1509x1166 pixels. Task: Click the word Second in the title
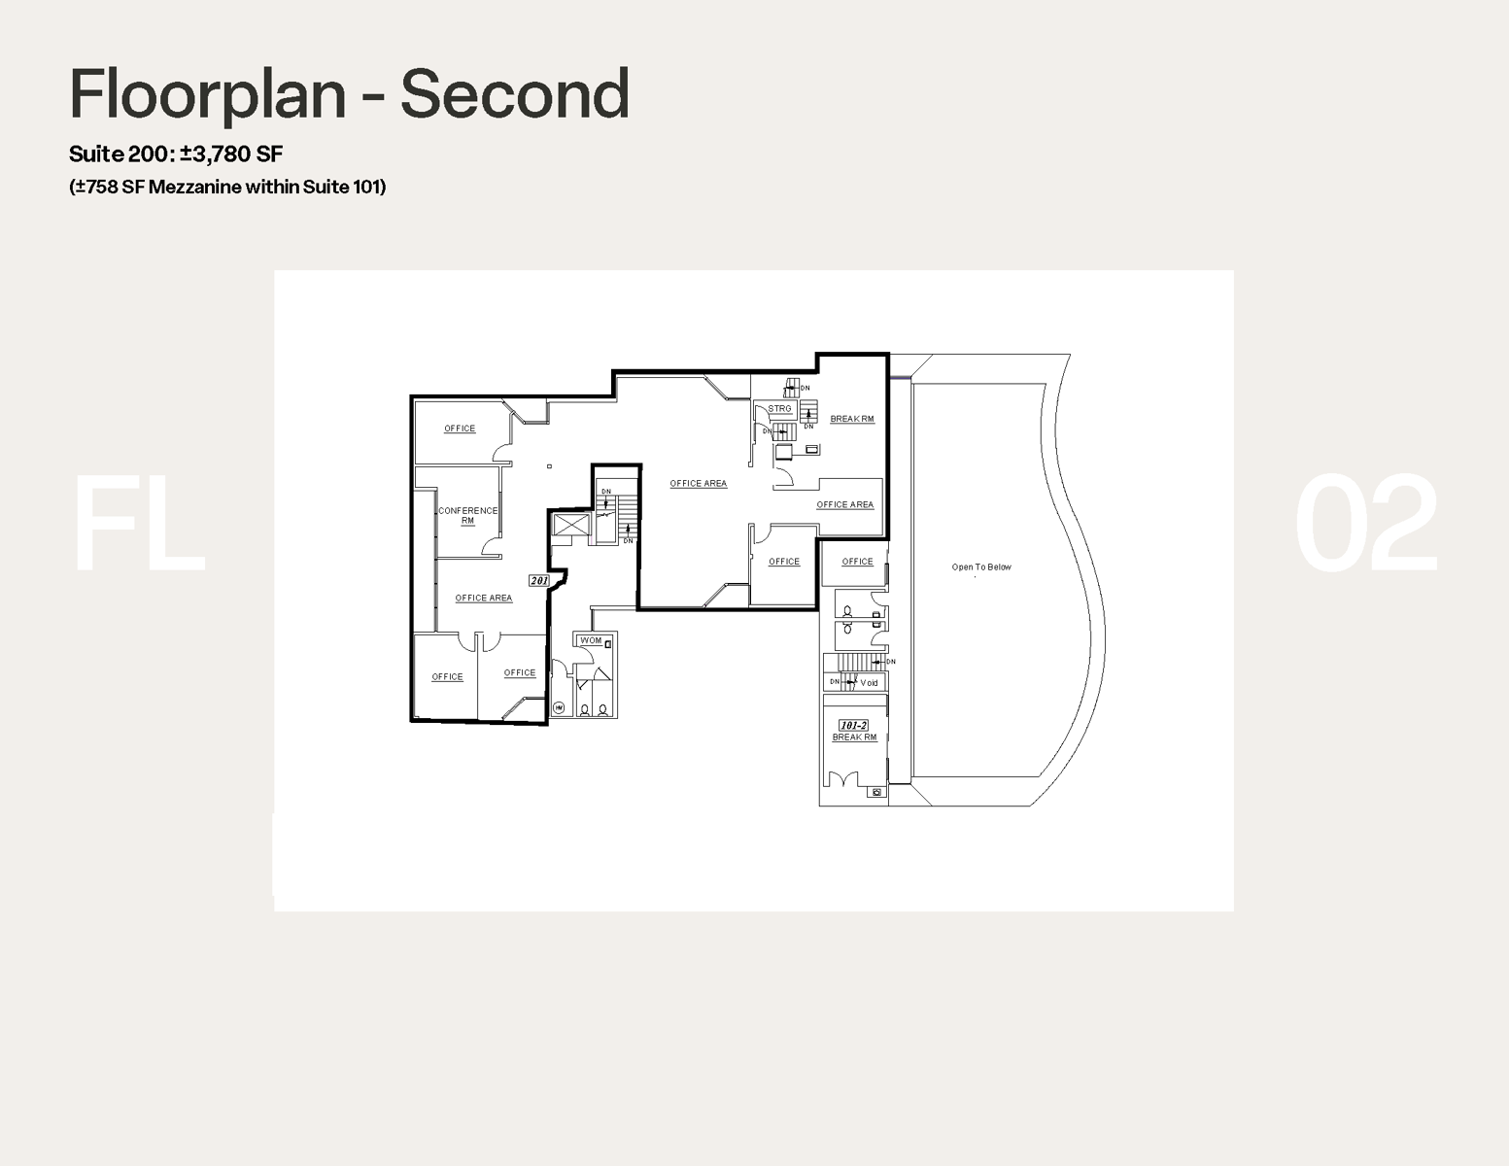tap(515, 94)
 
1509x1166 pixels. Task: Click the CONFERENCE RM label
tap(467, 515)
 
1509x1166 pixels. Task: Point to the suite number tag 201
tap(539, 580)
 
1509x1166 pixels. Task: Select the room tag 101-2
tap(853, 725)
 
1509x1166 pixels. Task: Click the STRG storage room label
tap(779, 409)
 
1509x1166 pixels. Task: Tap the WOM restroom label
tap(591, 640)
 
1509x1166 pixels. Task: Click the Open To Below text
tap(980, 566)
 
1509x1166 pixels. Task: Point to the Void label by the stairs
tap(869, 683)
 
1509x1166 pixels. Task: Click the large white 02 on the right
tap(1365, 525)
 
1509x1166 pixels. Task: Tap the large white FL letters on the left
tap(139, 525)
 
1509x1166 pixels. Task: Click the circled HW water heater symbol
tap(559, 709)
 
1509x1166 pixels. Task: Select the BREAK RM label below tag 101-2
tap(854, 737)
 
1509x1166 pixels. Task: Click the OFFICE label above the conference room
tap(460, 429)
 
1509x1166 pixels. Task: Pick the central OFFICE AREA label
tap(698, 483)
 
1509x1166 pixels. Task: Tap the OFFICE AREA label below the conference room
tap(483, 598)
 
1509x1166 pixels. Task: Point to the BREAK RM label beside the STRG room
tap(851, 419)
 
